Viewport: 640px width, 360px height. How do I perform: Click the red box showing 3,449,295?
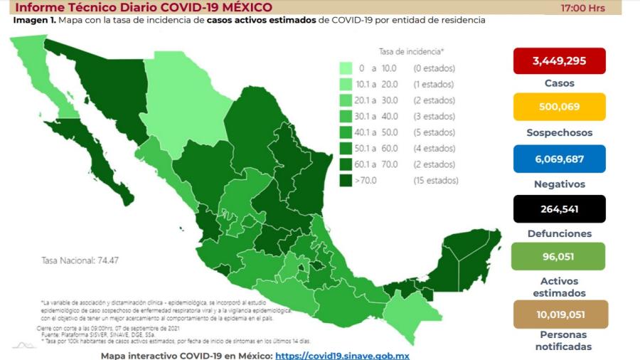point(559,61)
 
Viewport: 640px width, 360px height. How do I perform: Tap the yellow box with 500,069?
point(559,107)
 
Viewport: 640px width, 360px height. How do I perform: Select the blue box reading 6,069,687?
point(559,159)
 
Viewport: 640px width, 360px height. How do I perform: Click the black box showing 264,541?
point(559,209)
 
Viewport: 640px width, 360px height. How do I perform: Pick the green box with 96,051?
point(559,257)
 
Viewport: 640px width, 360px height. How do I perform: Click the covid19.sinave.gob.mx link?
point(342,355)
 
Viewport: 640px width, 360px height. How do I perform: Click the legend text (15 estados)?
point(435,181)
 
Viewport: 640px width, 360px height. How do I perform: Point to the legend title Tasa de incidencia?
point(411,52)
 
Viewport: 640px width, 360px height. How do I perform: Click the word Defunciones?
point(559,233)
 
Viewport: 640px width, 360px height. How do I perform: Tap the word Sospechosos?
point(559,133)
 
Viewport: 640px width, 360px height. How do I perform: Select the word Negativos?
point(559,184)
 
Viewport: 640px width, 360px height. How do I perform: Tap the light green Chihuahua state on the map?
point(178,100)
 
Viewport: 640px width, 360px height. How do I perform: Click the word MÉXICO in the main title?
point(242,8)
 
